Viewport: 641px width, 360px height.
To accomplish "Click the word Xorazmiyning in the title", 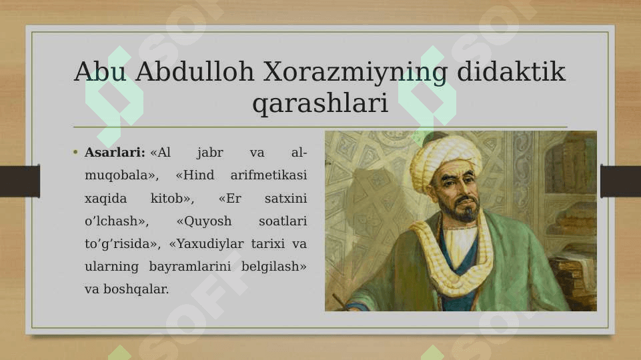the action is (355, 72).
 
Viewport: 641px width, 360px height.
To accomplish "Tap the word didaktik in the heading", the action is (511, 71).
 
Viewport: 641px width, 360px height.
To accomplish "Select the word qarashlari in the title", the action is (320, 103).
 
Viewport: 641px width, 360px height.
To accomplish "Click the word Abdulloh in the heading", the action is (195, 71).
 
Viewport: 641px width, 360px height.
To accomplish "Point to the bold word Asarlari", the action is (115, 153).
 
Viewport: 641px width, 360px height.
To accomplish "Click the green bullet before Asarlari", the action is (75, 153).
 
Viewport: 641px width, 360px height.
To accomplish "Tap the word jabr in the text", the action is (210, 153).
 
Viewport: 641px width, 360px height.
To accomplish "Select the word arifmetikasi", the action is (269, 175).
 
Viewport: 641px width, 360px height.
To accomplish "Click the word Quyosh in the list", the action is (204, 222).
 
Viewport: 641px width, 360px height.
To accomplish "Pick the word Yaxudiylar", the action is (206, 245).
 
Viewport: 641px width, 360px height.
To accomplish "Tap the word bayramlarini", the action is (189, 267).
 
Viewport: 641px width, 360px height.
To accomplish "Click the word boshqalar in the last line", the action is (135, 290).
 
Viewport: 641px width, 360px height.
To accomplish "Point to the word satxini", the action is (285, 199).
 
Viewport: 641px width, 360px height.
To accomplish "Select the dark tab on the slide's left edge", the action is (19, 181).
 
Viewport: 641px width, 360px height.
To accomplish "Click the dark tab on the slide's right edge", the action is (620, 181).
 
